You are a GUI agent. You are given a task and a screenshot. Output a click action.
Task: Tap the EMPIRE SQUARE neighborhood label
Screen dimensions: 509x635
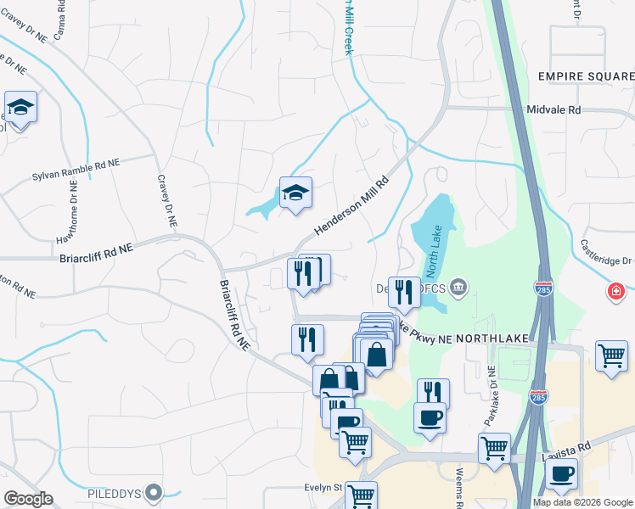pyautogui.click(x=586, y=76)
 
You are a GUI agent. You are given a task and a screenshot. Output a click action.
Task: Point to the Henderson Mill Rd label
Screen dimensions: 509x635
pyautogui.click(x=351, y=206)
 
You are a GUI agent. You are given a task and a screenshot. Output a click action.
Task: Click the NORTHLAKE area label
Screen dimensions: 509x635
pyautogui.click(x=492, y=338)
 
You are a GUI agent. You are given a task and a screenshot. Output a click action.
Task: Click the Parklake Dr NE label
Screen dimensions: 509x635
pyautogui.click(x=490, y=394)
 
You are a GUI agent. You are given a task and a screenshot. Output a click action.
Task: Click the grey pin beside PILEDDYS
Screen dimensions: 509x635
pyautogui.click(x=153, y=492)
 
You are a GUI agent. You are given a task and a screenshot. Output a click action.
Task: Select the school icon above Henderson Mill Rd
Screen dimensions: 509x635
pyautogui.click(x=295, y=193)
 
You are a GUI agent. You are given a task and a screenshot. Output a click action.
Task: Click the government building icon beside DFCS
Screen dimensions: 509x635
pyautogui.click(x=458, y=286)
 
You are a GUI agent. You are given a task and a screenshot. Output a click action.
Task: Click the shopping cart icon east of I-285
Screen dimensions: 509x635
pyautogui.click(x=611, y=355)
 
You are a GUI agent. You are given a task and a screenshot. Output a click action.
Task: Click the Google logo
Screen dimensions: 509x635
pyautogui.click(x=28, y=499)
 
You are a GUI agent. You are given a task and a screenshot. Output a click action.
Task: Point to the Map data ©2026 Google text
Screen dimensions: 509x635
pyautogui.click(x=582, y=502)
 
